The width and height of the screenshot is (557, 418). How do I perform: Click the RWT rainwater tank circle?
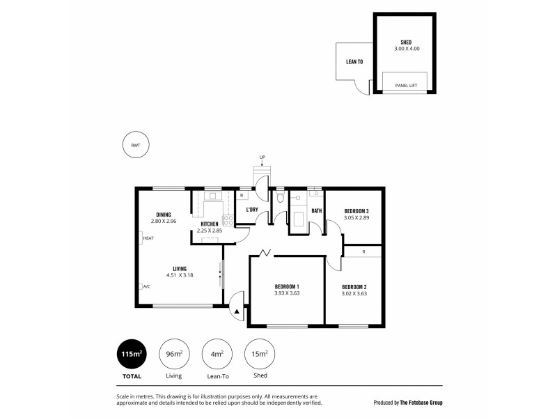[135, 145]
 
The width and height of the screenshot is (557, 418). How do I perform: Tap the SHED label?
[406, 42]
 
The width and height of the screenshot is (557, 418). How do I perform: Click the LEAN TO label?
[354, 62]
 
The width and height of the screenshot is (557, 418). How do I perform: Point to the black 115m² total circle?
[132, 355]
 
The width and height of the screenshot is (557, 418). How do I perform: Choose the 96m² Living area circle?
[174, 355]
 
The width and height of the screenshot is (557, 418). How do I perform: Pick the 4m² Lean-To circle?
[217, 355]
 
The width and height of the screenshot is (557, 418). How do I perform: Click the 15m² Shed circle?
[259, 355]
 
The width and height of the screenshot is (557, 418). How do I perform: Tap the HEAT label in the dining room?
[148, 238]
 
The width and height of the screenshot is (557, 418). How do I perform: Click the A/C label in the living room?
[146, 286]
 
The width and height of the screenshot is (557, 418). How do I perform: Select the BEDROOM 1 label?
[287, 287]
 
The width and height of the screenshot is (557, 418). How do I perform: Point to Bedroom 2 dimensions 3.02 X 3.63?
[354, 294]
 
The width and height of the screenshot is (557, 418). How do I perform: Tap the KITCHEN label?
[210, 224]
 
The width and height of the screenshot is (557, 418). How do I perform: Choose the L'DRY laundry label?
[252, 209]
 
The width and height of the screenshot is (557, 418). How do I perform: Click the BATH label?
[316, 210]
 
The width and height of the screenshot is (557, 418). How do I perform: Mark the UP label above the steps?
[262, 157]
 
